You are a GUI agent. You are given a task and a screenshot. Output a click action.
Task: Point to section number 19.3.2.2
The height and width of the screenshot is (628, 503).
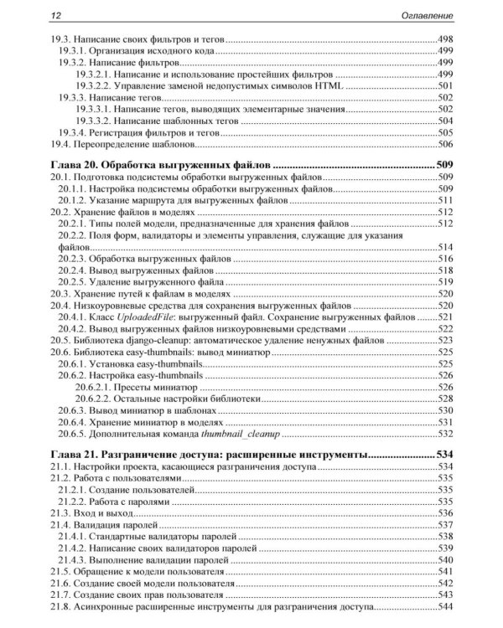94,86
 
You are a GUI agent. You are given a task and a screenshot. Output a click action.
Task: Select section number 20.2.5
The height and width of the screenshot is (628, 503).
73,284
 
